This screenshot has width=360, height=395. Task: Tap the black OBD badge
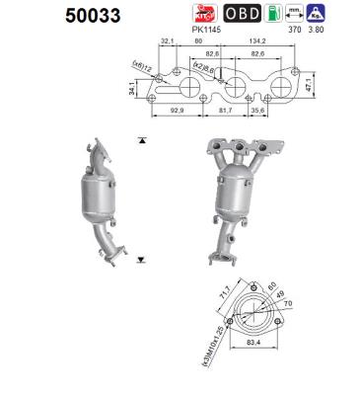(x=242, y=15)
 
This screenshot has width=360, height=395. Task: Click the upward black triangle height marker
(x=145, y=141)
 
